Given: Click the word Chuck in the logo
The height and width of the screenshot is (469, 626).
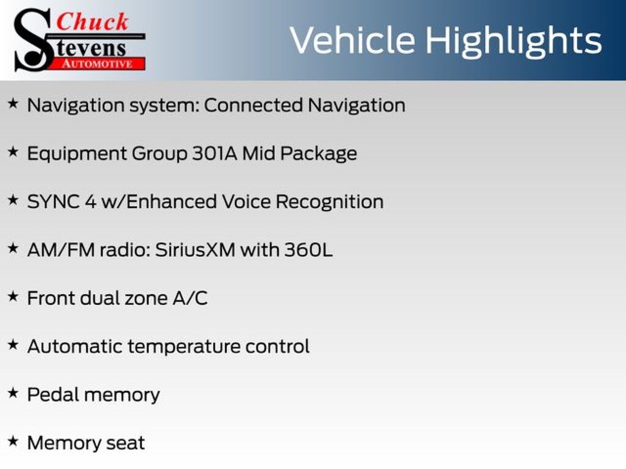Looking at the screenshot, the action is point(92,22).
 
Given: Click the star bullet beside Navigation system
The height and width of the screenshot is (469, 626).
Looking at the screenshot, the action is point(13,104).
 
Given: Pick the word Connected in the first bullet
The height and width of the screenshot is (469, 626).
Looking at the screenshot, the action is point(253,105).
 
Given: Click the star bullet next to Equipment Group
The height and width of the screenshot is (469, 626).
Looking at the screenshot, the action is point(13,151).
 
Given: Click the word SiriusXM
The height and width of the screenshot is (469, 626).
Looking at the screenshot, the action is point(195,250).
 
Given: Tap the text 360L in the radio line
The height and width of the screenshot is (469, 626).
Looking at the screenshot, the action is point(308,250).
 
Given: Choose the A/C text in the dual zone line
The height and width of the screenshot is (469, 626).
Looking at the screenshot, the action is point(190,298).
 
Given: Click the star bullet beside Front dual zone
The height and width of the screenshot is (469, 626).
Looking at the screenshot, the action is point(13,296).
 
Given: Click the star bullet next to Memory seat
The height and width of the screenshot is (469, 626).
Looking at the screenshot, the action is point(13,441).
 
